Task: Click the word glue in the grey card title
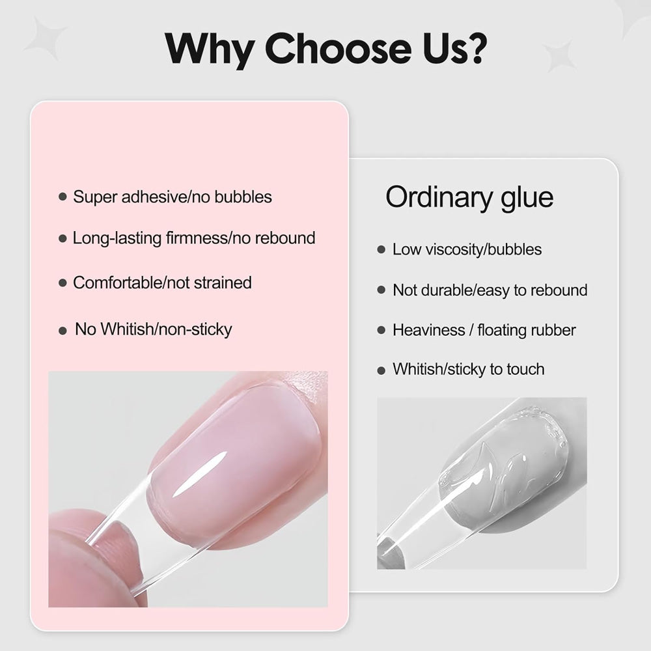[x=527, y=198]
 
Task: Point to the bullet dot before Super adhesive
[x=62, y=197]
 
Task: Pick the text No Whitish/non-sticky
[x=153, y=329]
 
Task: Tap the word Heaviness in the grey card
[x=429, y=330]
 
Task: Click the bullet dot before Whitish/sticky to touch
[x=381, y=370]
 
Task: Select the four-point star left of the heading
[x=46, y=38]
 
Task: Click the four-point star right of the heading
[x=559, y=56]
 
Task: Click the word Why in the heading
[x=210, y=49]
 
